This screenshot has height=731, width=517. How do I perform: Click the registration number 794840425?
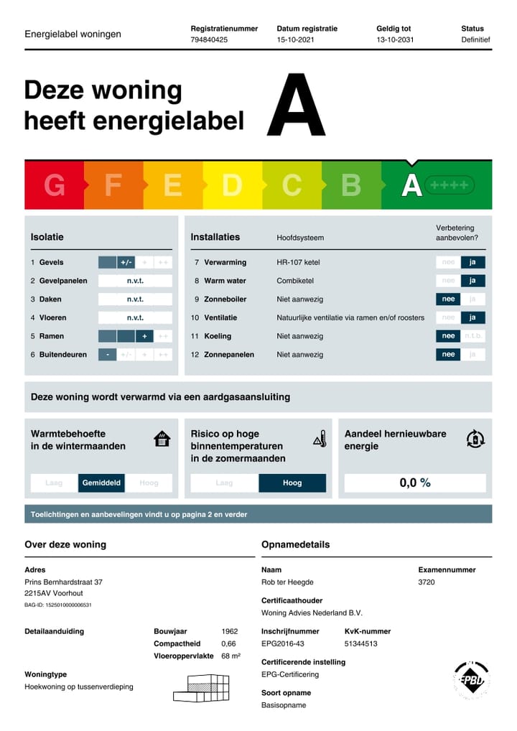pos(209,40)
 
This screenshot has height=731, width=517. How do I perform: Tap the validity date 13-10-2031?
pos(395,40)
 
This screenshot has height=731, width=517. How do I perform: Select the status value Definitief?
pos(475,40)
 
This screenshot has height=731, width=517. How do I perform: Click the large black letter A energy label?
pos(296,106)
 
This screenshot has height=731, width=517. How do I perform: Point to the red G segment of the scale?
pos(55,185)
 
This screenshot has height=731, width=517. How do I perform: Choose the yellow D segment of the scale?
pos(231,185)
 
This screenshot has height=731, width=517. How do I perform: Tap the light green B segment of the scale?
pos(350,185)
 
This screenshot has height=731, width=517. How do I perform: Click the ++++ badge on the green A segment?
pos(450,185)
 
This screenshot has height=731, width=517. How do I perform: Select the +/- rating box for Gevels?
pos(126,262)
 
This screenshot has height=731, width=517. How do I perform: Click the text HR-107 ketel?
pos(298,262)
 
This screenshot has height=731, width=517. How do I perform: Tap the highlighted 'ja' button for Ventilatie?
pos(472,317)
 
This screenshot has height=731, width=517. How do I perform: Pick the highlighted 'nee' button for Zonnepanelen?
pos(448,354)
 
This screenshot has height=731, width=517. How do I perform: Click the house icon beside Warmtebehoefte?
pos(162,439)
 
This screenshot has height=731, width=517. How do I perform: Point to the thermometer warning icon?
pos(320,439)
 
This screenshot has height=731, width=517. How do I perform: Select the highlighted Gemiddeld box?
pos(102,483)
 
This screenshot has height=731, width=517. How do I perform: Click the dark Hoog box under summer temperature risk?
pos(292,483)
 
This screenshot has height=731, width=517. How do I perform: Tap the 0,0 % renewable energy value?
pos(415,483)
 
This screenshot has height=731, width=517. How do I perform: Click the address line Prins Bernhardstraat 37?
pos(63,582)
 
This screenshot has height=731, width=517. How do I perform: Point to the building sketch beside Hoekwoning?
pos(201,687)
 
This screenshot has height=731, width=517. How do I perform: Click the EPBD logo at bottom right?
pos(471,679)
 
